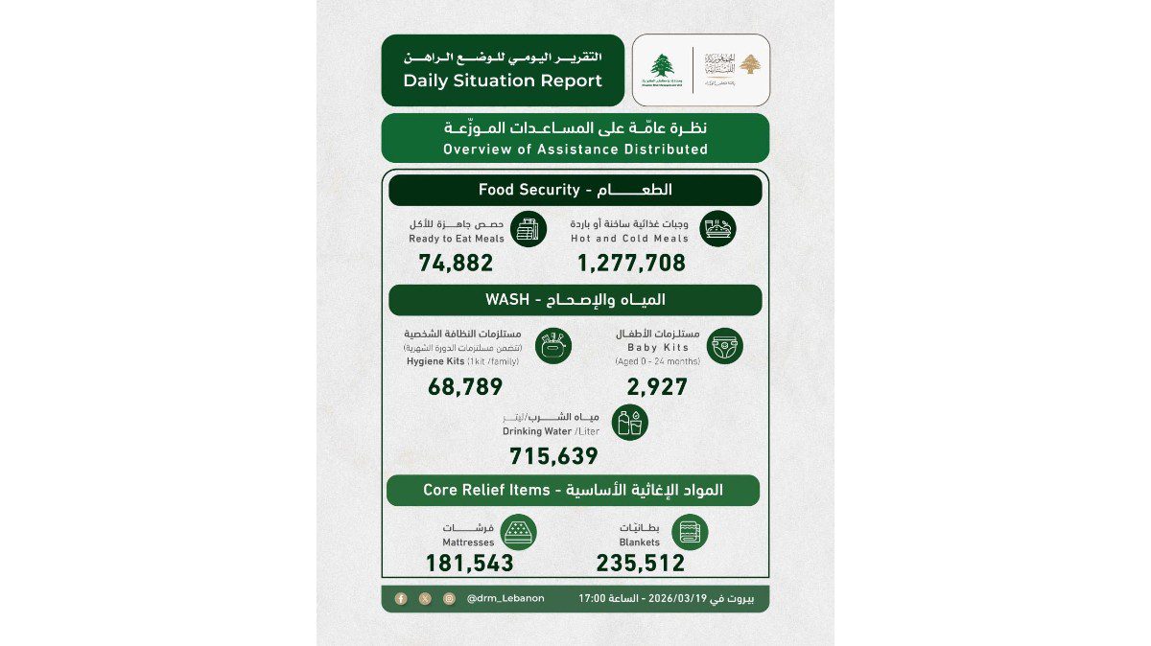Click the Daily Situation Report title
(x=503, y=81)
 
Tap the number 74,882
(x=456, y=263)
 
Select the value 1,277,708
(x=631, y=263)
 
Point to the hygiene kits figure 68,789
(x=464, y=387)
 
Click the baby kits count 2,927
(x=657, y=387)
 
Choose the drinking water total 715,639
(x=553, y=456)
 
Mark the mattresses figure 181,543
(x=470, y=564)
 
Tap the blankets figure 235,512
(x=641, y=564)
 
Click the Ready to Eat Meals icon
(x=528, y=230)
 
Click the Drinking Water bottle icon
(x=630, y=423)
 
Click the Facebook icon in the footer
(x=401, y=598)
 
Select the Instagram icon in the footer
(x=449, y=598)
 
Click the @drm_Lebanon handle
(x=505, y=598)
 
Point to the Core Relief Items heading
(x=574, y=490)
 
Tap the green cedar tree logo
(x=661, y=67)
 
